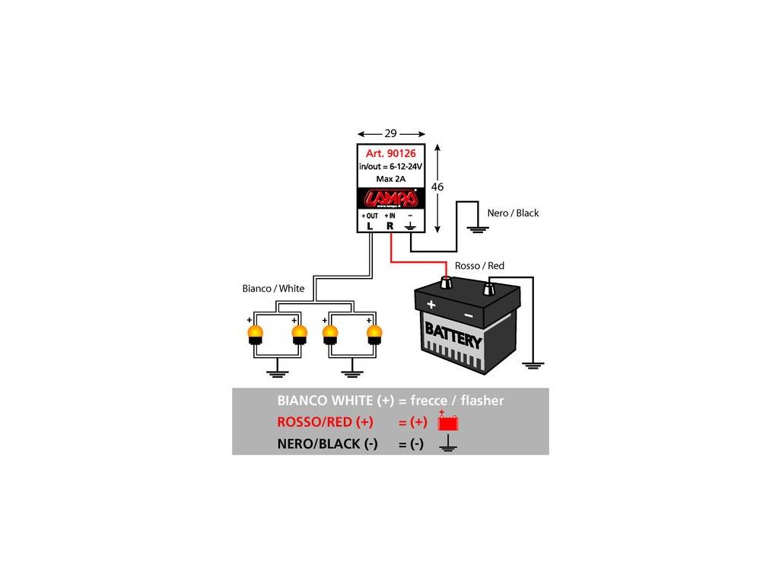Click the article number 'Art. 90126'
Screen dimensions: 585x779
[x=391, y=153]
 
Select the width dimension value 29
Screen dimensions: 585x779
[x=391, y=133]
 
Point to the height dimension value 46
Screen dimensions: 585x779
[x=437, y=187]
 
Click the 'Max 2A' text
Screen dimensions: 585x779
[x=391, y=179]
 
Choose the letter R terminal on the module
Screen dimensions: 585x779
[x=390, y=225]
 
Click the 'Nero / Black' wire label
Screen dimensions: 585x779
[x=513, y=213]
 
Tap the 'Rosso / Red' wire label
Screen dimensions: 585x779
[x=479, y=266]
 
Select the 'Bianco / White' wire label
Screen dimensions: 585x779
[x=273, y=289]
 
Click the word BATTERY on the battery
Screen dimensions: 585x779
[x=453, y=335]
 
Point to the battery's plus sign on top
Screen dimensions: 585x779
[x=431, y=305]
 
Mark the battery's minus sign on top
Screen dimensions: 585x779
[x=468, y=315]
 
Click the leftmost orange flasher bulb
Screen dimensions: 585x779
[x=255, y=335]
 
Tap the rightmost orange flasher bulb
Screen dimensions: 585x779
[x=374, y=335]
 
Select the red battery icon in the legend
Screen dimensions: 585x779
[x=449, y=421]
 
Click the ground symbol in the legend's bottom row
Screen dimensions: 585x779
[x=449, y=445]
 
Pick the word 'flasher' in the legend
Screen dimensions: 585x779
[x=476, y=401]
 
